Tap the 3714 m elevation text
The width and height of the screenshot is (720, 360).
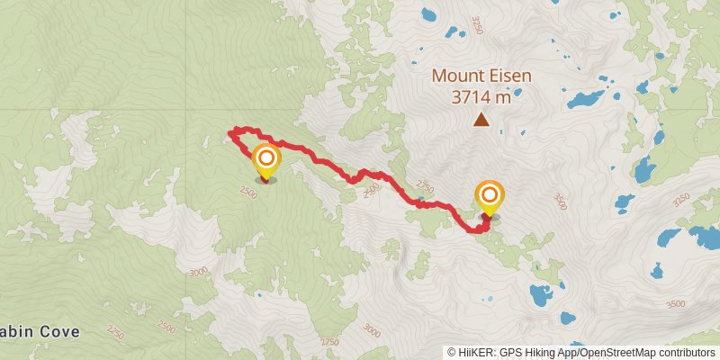(x=481, y=97)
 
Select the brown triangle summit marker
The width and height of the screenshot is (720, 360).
(x=482, y=119)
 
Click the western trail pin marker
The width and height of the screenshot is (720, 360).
(x=265, y=161)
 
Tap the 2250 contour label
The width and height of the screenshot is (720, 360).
(x=113, y=334)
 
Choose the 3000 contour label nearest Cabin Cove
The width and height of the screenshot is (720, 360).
(x=199, y=270)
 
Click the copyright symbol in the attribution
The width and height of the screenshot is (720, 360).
(x=452, y=353)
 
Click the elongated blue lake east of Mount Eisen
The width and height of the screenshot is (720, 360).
(x=586, y=97)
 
